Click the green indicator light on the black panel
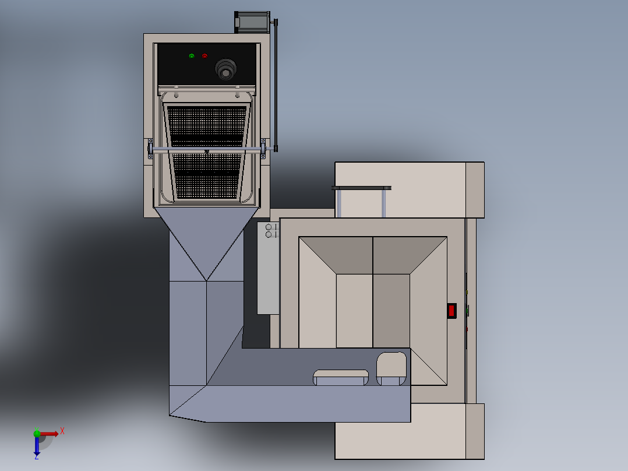coord(191,56)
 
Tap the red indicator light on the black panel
coord(204,56)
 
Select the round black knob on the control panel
coord(226,69)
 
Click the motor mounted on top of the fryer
coord(251,22)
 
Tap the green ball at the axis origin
coord(37,433)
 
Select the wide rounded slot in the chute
coord(341,377)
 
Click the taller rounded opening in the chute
coord(391,368)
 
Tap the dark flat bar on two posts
coord(361,188)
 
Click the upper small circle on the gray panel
coord(269,227)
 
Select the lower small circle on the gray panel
coord(269,234)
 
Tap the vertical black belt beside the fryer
coord(276,85)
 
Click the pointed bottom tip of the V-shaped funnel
coord(206,280)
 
